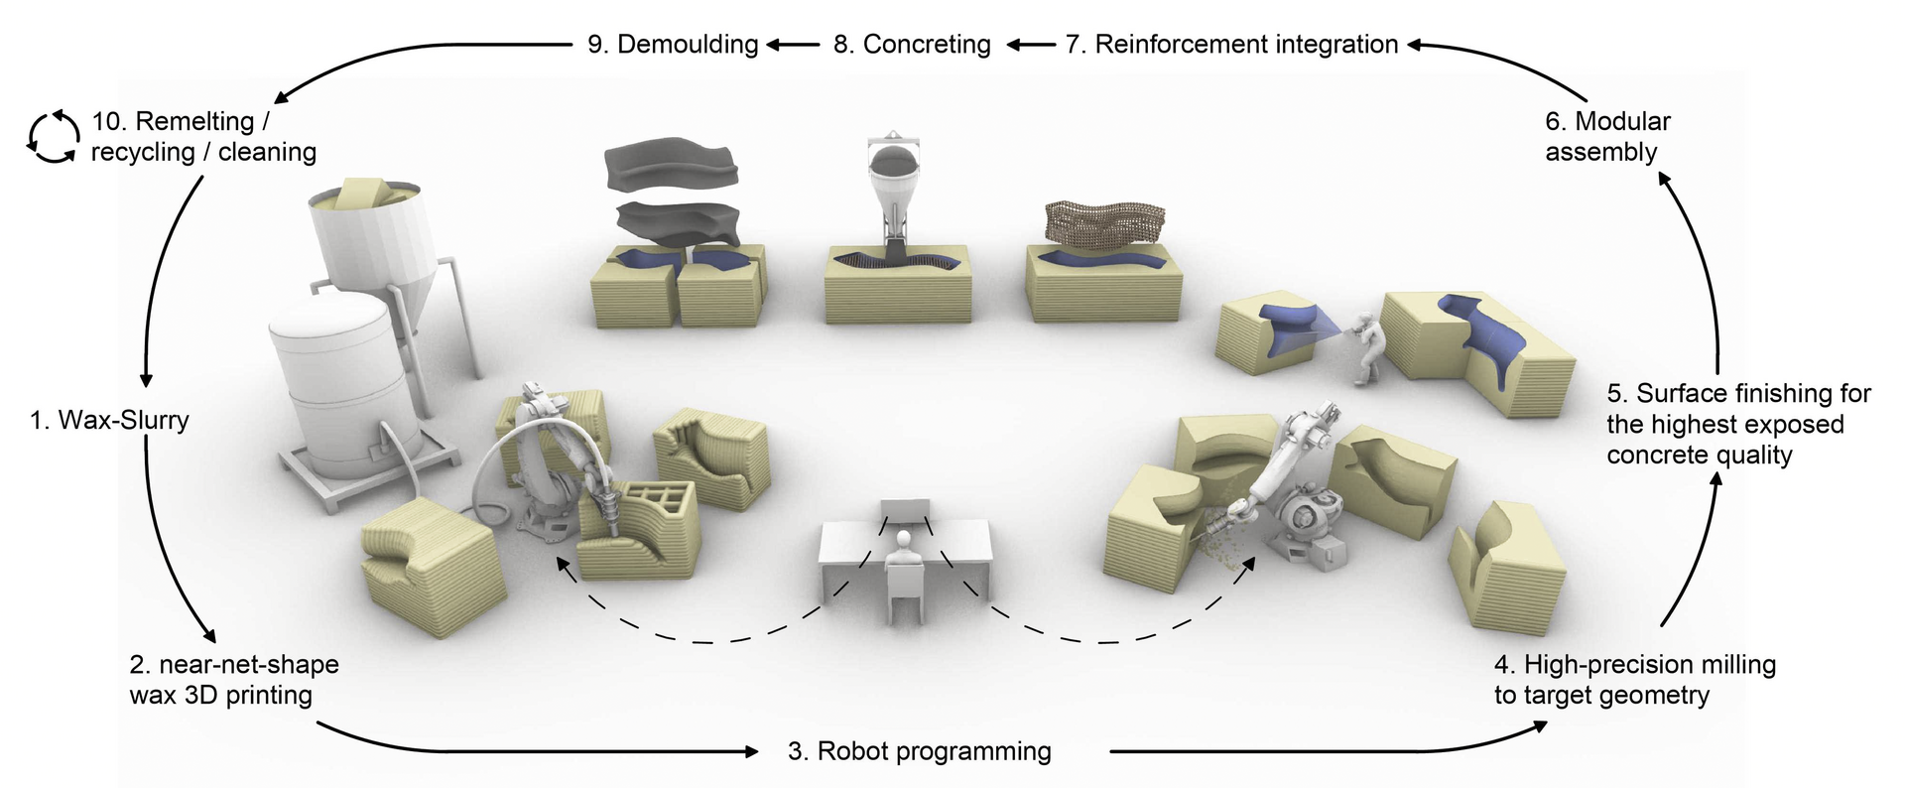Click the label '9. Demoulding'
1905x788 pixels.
(673, 45)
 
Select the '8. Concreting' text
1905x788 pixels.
(912, 45)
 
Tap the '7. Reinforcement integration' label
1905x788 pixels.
(1231, 45)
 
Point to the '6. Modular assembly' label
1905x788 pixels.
(1607, 136)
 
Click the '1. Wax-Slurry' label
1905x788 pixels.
(109, 420)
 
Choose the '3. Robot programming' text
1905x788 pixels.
(920, 751)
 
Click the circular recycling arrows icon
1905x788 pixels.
(53, 136)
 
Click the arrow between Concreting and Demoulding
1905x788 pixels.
(793, 45)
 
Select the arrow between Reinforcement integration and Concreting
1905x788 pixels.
(1032, 45)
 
